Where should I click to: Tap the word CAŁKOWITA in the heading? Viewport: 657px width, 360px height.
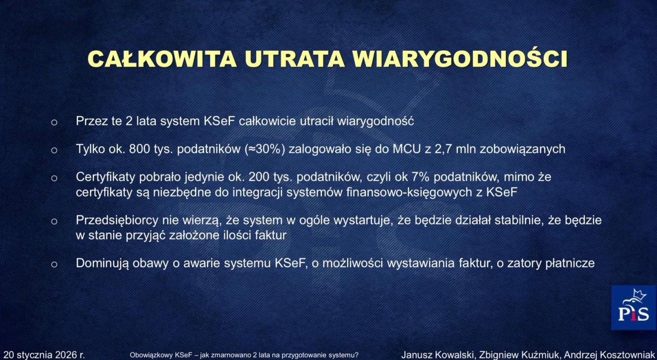pyautogui.click(x=162, y=59)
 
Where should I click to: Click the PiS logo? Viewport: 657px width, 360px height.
pyautogui.click(x=633, y=308)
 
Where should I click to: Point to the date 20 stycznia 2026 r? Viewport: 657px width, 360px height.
pyautogui.click(x=44, y=355)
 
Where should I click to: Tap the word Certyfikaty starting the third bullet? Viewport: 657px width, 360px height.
pyautogui.click(x=104, y=177)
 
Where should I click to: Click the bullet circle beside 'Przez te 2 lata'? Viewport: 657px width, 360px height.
pyautogui.click(x=54, y=122)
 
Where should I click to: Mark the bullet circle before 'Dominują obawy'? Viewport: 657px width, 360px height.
pyautogui.click(x=54, y=264)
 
